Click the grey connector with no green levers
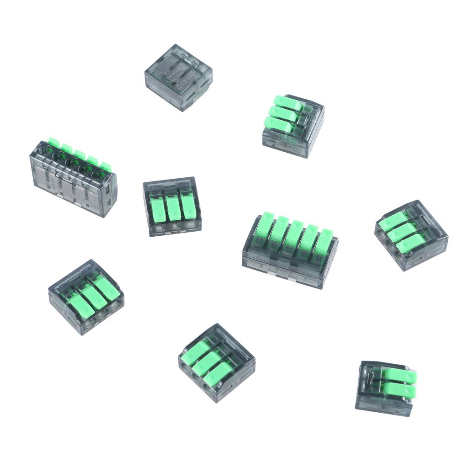click(x=178, y=77)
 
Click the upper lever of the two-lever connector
click(x=400, y=377)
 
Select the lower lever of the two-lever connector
click(x=399, y=390)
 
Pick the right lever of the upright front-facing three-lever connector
click(x=188, y=206)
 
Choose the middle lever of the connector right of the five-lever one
click(x=402, y=231)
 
